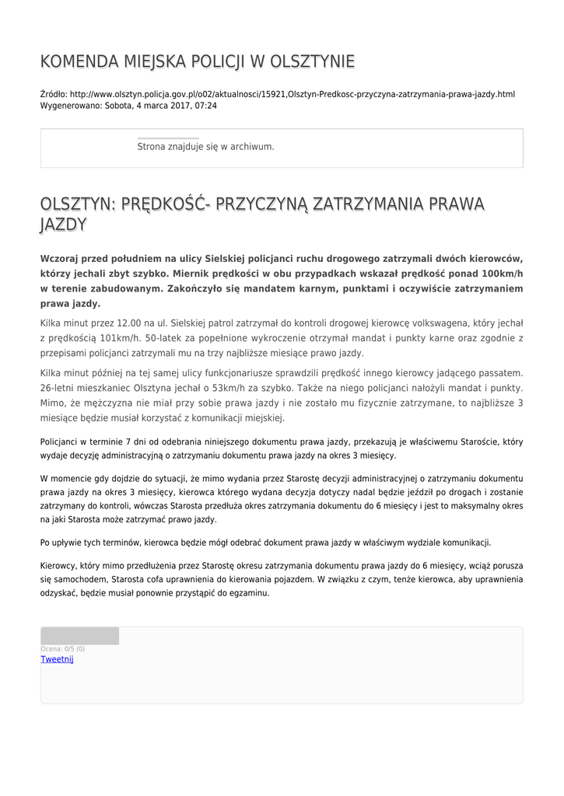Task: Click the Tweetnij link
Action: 57,659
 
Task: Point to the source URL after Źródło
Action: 292,94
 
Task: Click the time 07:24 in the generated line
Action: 205,106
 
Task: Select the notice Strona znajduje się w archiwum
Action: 205,146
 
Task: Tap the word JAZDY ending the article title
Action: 63,225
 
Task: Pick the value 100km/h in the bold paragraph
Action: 502,274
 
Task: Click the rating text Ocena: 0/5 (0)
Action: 63,648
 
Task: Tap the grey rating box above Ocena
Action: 79,636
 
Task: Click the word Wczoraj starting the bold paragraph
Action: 61,259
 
